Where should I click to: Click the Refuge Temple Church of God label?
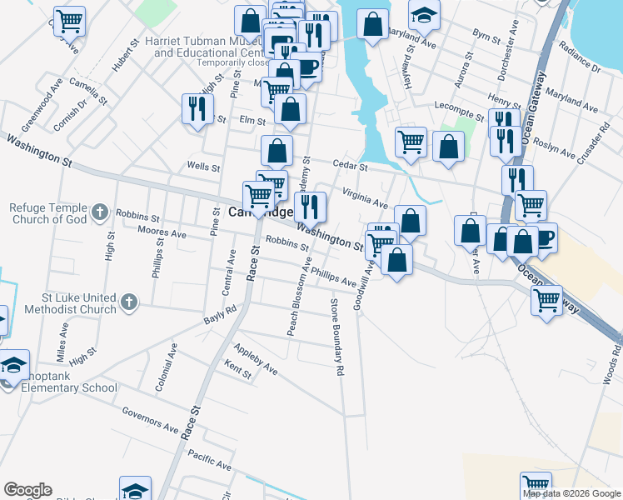coord(49,214)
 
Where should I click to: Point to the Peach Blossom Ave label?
coord(294,302)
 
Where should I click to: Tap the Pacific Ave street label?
coord(209,459)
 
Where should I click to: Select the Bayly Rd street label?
coord(220,314)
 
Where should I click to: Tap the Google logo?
coord(27,490)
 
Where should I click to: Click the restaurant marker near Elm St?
coord(198,108)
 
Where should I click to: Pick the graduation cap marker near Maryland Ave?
coord(424,12)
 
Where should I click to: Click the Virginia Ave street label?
coord(366,197)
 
